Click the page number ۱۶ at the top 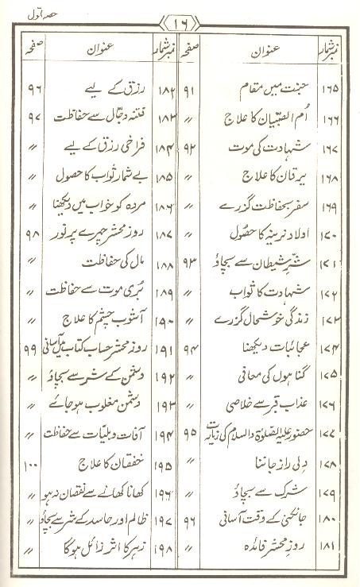[x=180, y=19]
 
